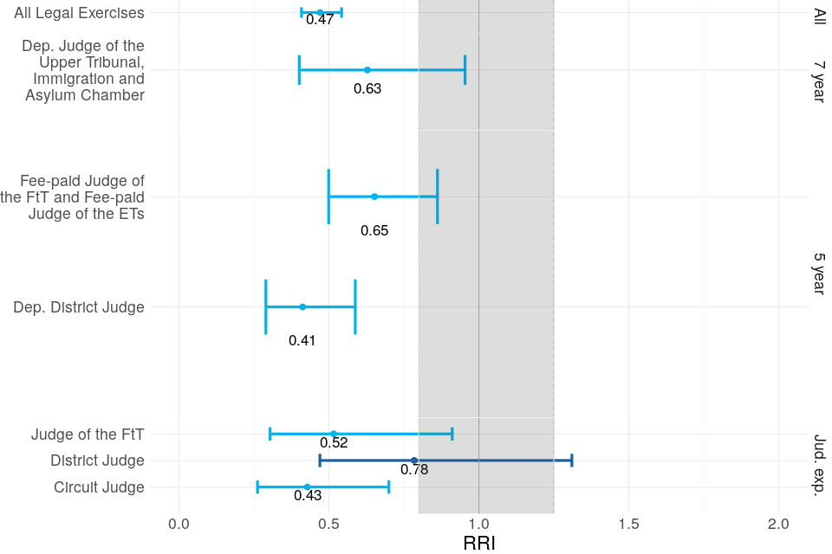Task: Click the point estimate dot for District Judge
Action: click(414, 461)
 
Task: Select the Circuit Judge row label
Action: click(99, 487)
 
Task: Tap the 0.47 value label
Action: click(320, 20)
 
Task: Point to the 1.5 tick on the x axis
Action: click(628, 525)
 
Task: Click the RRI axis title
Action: click(479, 543)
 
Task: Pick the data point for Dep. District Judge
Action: click(302, 307)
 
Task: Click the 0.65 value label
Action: click(374, 231)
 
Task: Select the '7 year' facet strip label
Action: click(818, 82)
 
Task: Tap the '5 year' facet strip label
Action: click(818, 274)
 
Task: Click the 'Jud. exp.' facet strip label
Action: click(818, 464)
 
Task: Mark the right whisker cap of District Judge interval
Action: click(571, 461)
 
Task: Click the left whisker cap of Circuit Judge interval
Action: click(257, 487)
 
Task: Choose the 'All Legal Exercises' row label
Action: click(79, 13)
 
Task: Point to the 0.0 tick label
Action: click(179, 525)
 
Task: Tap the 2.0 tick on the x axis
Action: click(778, 525)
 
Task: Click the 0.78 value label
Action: click(414, 470)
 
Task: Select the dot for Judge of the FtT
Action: click(334, 434)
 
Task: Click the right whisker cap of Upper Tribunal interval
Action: click(465, 69)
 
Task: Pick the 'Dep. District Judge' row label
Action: click(79, 307)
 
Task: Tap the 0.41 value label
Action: click(302, 341)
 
